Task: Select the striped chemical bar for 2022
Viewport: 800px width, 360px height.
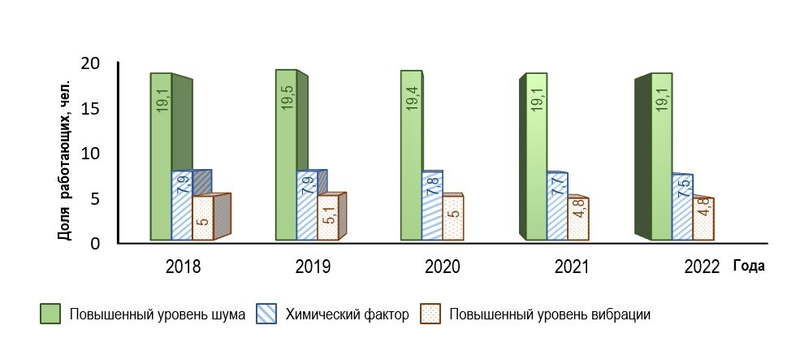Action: [682, 207]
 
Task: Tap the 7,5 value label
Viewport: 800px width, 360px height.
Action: [683, 198]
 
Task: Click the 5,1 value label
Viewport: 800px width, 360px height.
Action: [328, 217]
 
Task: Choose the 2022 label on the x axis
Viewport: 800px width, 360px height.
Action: [703, 267]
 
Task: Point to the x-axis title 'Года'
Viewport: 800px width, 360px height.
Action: [749, 266]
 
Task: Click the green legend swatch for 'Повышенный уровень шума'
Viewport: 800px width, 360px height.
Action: [50, 314]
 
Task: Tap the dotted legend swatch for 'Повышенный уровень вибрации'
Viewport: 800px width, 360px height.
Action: [430, 314]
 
